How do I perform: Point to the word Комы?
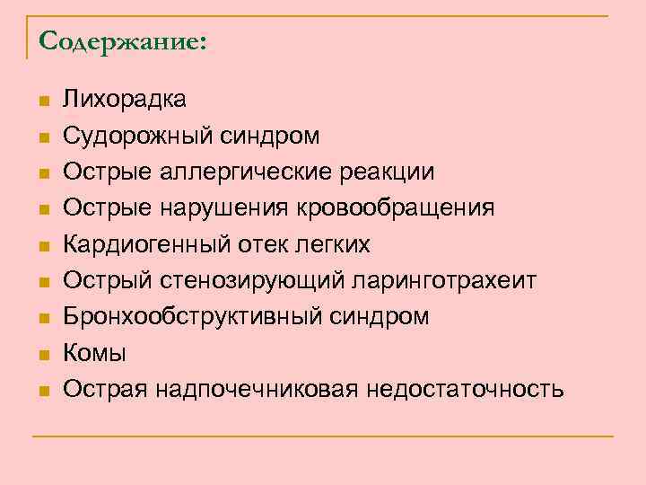(x=94, y=353)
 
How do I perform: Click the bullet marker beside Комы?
(x=41, y=355)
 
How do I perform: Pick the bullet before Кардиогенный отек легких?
(x=41, y=246)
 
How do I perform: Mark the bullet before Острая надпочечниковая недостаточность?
(x=41, y=391)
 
